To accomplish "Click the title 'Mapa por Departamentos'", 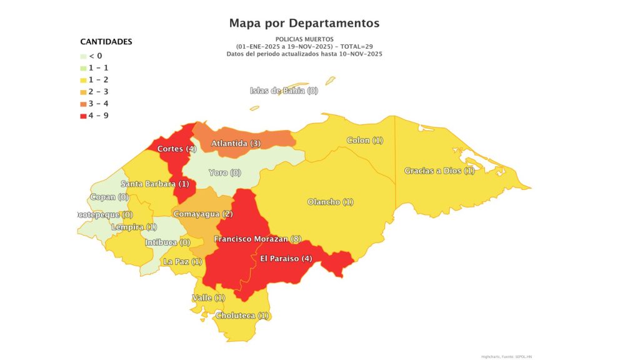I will pos(304,23).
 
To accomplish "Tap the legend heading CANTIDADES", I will pos(106,42).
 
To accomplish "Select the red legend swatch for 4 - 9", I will pos(84,116).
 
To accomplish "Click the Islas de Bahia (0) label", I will pos(284,91).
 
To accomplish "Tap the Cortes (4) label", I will pos(177,149).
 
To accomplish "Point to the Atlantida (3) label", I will pos(236,144).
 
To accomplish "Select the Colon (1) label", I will pos(364,141).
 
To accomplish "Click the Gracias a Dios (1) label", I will pos(439,171).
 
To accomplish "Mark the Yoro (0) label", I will pos(224,172).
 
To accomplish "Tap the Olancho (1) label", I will pos(331,202).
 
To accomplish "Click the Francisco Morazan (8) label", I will pos(257,239).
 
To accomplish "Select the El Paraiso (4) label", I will pos(286,259).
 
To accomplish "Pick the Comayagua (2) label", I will pos(202,214).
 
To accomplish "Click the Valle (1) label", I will pos(209,298).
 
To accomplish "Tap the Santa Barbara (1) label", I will pos(154,184).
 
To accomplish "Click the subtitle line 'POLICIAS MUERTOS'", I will pos(304,39).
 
